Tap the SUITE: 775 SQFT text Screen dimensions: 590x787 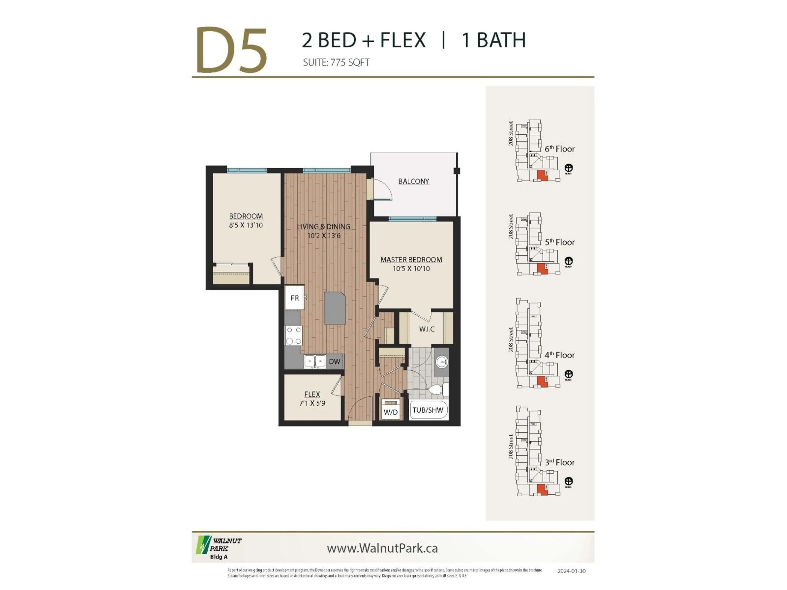(336, 63)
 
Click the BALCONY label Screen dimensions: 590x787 (413, 181)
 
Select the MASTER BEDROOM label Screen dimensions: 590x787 (411, 260)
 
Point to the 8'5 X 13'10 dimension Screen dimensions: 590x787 (246, 225)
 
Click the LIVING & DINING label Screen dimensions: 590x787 (323, 227)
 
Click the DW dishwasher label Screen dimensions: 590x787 (334, 361)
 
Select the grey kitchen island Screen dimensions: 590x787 (335, 308)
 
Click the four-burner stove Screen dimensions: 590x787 (293, 335)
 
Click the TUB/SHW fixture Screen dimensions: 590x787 (428, 410)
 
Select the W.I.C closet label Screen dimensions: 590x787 (426, 329)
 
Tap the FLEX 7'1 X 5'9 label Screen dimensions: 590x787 (312, 398)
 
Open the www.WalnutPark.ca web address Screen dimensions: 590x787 (382, 548)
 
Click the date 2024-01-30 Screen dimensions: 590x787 (571, 571)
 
